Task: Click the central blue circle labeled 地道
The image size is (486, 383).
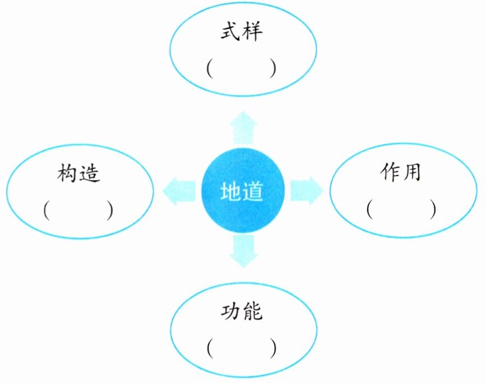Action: [x=242, y=190]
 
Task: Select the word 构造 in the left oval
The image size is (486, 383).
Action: [x=79, y=174]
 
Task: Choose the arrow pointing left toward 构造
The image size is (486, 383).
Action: [x=176, y=190]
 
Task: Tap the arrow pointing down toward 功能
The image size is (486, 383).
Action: [x=243, y=252]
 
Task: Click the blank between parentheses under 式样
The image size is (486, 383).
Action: [x=242, y=68]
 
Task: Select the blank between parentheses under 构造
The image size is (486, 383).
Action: [x=78, y=209]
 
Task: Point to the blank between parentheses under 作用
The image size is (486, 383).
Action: [x=401, y=209]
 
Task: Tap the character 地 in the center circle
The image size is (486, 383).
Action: [x=230, y=192]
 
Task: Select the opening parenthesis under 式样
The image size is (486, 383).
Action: [x=209, y=68]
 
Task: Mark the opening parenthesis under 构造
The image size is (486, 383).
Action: [x=46, y=209]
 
